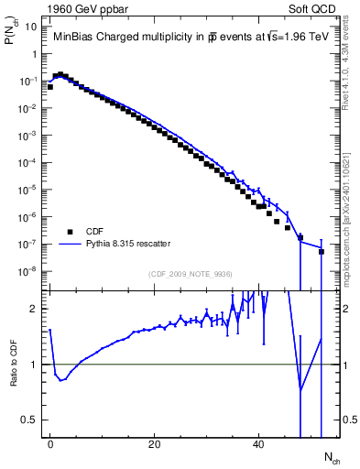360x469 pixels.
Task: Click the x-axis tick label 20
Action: (x=155, y=445)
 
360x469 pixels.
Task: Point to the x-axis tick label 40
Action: (x=259, y=445)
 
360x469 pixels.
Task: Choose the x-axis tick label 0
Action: (x=50, y=445)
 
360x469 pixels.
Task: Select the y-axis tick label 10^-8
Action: (x=27, y=271)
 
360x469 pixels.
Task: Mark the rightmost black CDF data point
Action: (x=322, y=251)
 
